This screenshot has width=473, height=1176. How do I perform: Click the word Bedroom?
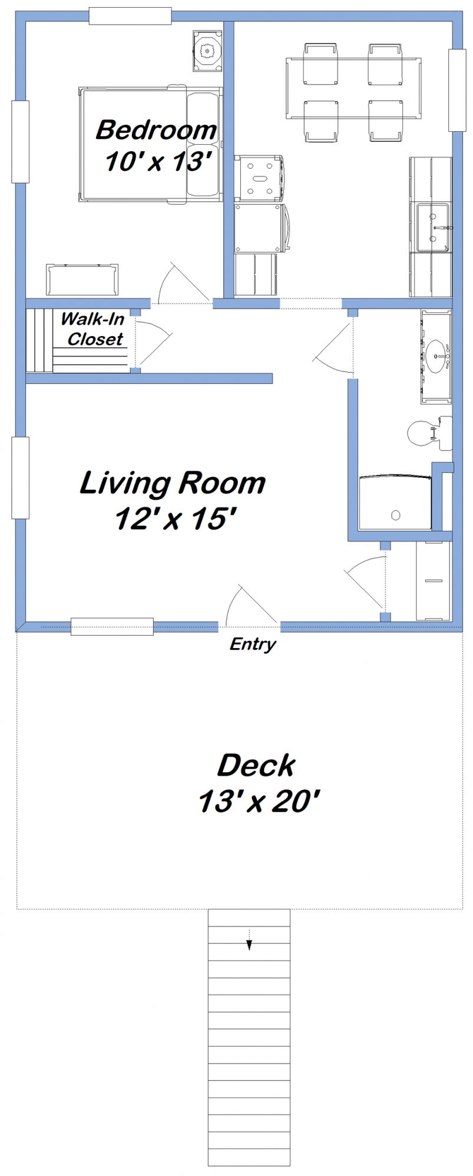click(156, 130)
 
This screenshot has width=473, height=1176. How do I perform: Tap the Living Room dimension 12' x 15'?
click(175, 519)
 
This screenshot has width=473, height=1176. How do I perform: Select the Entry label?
click(253, 644)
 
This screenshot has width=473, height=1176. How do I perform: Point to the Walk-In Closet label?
click(93, 329)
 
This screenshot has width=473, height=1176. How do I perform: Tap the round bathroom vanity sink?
click(437, 356)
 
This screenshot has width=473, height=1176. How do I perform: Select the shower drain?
click(396, 515)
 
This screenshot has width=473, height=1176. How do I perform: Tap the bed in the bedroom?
click(150, 145)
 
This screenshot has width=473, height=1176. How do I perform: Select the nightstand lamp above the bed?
click(207, 52)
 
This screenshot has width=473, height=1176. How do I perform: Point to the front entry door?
click(250, 606)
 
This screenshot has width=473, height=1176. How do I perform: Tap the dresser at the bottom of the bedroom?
click(82, 280)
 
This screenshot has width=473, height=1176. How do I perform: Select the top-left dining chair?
click(321, 64)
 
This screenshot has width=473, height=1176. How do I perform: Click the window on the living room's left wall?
click(21, 477)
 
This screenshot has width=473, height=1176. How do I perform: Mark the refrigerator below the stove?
click(259, 228)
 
